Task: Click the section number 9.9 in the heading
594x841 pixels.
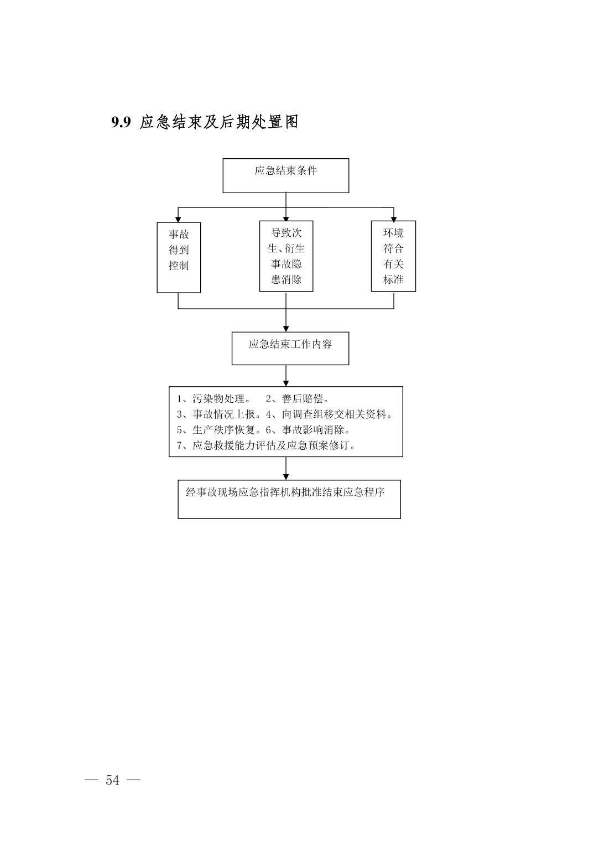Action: click(121, 122)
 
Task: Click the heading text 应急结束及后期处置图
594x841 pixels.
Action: click(219, 122)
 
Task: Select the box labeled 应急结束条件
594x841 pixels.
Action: click(285, 175)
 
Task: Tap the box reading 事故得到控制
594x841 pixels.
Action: click(179, 258)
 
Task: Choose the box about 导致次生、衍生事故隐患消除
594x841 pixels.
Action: click(286, 256)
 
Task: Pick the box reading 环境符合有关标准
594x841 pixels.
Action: click(393, 256)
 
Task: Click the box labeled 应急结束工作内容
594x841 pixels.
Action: click(290, 348)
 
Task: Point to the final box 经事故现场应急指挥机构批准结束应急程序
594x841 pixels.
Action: click(289, 499)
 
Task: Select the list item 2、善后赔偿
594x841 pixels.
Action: click(297, 399)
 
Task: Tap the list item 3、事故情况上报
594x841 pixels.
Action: click(219, 414)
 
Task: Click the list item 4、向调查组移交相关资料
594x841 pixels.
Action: click(329, 414)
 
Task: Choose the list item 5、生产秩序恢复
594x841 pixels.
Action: click(219, 429)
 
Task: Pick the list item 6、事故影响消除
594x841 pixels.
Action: click(308, 429)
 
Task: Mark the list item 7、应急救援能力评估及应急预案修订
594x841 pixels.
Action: click(266, 445)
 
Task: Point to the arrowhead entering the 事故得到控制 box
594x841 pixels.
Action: click(178, 220)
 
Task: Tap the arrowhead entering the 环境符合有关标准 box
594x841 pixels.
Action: click(394, 218)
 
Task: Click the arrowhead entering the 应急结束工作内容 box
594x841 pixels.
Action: click(286, 329)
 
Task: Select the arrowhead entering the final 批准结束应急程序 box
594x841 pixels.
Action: click(286, 477)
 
